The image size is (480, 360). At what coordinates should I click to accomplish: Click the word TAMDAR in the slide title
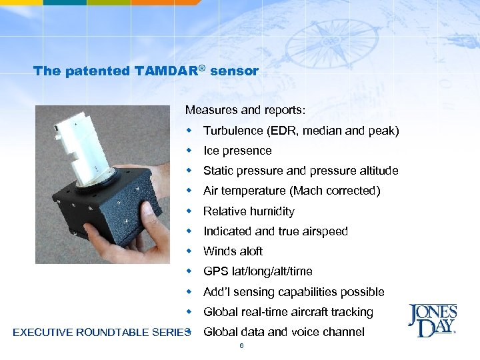(171, 71)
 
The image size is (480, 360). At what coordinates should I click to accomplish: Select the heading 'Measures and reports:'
(236, 109)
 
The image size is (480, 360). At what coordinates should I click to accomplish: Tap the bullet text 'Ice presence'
(237, 151)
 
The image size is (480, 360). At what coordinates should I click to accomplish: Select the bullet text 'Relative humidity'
(249, 211)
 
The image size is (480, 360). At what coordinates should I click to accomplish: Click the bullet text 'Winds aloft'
(233, 251)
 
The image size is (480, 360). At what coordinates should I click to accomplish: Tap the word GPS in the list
(215, 271)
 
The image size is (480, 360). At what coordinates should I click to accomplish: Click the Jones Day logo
(432, 321)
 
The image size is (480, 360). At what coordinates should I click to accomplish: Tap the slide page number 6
(241, 346)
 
